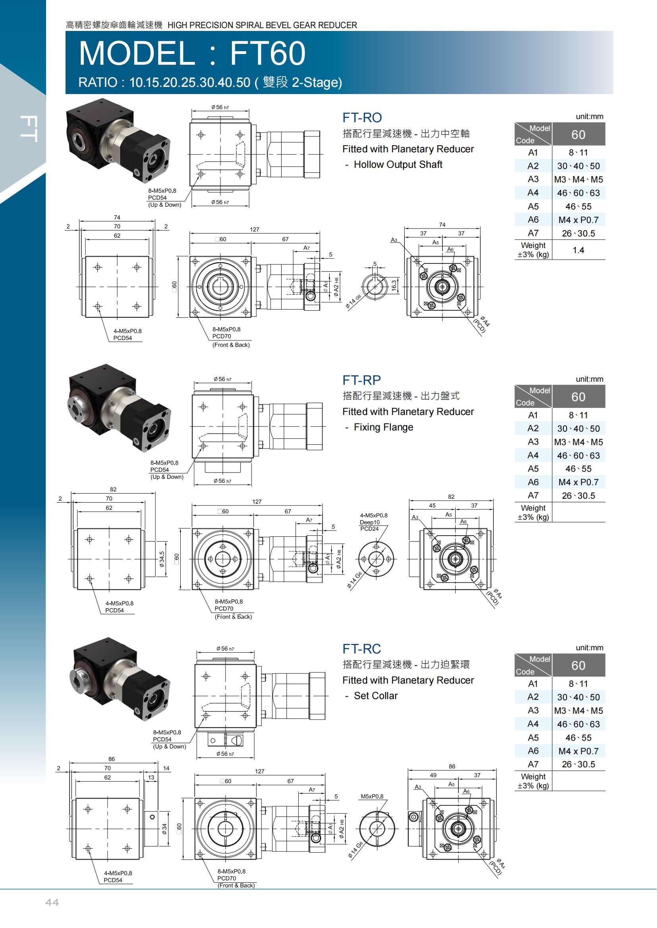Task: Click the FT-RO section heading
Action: (362, 117)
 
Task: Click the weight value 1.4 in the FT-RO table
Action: (578, 250)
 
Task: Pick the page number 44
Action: (52, 902)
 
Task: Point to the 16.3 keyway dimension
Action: (394, 285)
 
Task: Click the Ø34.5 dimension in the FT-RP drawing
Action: (162, 559)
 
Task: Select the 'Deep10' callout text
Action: (370, 522)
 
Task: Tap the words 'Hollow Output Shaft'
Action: (398, 165)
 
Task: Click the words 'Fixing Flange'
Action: (384, 427)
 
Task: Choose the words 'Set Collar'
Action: (376, 696)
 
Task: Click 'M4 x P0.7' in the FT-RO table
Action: (578, 220)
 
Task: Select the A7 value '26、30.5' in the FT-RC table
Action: (578, 764)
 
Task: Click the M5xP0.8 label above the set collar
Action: (372, 797)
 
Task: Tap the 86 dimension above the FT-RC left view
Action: (112, 759)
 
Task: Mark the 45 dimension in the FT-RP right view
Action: (432, 505)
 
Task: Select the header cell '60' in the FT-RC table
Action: (578, 665)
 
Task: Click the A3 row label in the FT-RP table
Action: (533, 442)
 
